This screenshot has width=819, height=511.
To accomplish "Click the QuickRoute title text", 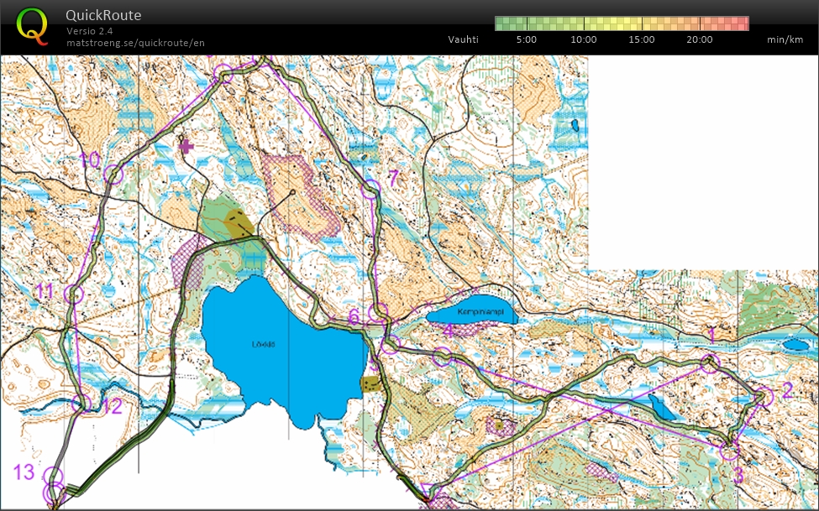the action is [x=103, y=15].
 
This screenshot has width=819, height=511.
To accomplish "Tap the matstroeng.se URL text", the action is [x=135, y=42].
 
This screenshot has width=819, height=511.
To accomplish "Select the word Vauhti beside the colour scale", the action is [x=463, y=39].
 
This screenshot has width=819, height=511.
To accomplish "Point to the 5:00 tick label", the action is [x=527, y=39].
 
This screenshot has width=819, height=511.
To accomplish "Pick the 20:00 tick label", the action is [x=699, y=39].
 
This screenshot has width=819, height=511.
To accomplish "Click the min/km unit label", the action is [x=785, y=39].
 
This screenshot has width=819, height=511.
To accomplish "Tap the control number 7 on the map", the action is [x=392, y=177].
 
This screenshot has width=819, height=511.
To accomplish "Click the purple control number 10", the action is [x=89, y=159].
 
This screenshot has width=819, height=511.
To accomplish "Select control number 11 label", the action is [x=45, y=292].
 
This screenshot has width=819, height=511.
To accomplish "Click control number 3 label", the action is [x=738, y=476].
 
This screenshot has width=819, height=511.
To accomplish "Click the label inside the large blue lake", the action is [x=264, y=343].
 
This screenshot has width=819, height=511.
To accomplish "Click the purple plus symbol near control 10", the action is [x=186, y=146].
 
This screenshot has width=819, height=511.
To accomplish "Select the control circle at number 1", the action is [x=710, y=362].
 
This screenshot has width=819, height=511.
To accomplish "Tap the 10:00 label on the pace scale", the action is [x=584, y=39].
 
